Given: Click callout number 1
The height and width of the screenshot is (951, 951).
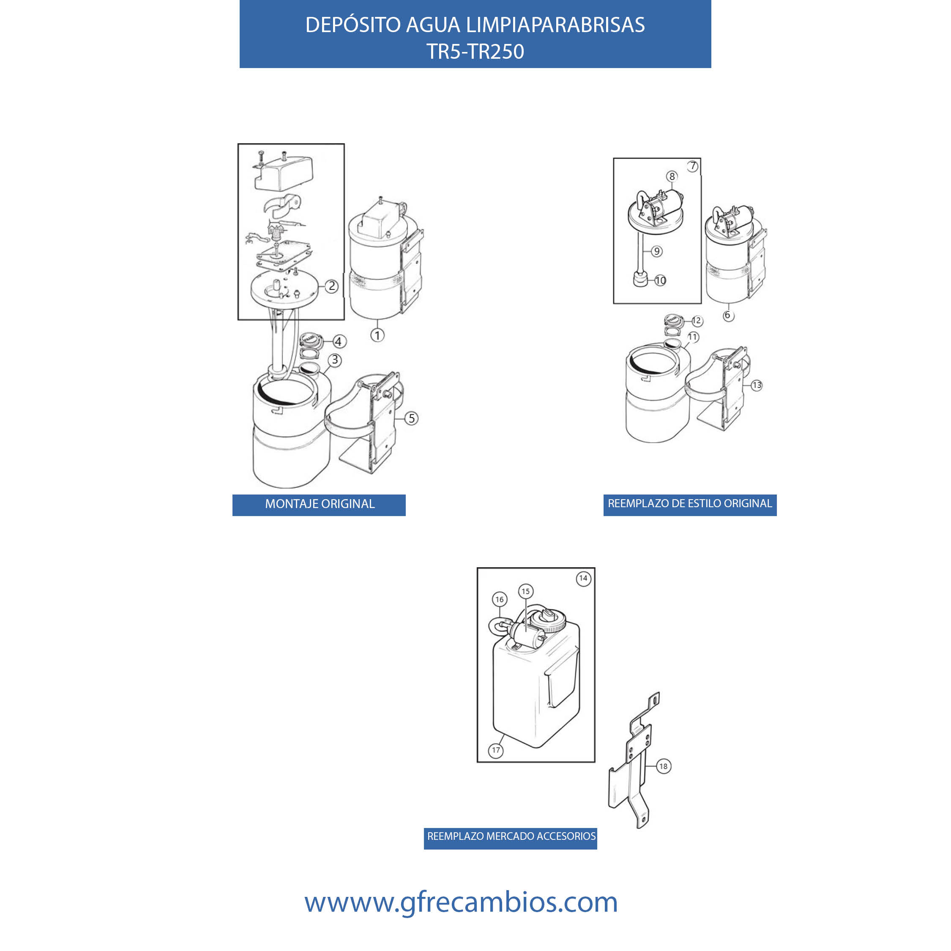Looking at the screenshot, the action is (x=377, y=336).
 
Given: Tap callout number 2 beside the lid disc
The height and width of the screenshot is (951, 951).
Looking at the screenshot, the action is (x=332, y=286).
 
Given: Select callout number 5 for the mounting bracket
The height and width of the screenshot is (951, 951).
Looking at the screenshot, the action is (x=412, y=418).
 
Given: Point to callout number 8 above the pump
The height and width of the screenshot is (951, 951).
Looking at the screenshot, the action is (x=672, y=176).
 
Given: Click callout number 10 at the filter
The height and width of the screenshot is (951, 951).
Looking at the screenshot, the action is (x=660, y=281).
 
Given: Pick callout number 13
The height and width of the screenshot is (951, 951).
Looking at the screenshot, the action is (x=757, y=385).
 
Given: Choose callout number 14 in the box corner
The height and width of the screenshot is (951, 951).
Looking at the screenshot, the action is (x=583, y=578).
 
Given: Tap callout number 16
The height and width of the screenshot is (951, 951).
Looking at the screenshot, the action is (x=500, y=599).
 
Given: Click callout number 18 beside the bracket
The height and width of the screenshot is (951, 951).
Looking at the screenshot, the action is (x=664, y=766).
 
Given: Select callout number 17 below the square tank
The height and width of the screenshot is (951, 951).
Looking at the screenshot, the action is (x=496, y=751).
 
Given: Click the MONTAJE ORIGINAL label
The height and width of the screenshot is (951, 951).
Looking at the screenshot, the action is (x=320, y=504).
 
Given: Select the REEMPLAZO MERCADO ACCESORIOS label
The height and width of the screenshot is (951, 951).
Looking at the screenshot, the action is (x=511, y=836).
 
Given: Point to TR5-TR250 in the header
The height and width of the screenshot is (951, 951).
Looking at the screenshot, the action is (x=475, y=52).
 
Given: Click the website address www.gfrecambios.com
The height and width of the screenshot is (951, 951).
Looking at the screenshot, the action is (x=461, y=902).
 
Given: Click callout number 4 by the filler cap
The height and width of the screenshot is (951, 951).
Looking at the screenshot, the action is (x=338, y=342).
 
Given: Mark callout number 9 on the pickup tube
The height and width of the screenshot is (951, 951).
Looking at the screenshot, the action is (x=657, y=251).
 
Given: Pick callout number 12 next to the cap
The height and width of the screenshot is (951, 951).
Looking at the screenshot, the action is (x=697, y=321).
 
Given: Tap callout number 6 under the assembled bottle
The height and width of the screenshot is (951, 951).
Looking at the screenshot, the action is (x=728, y=316).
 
